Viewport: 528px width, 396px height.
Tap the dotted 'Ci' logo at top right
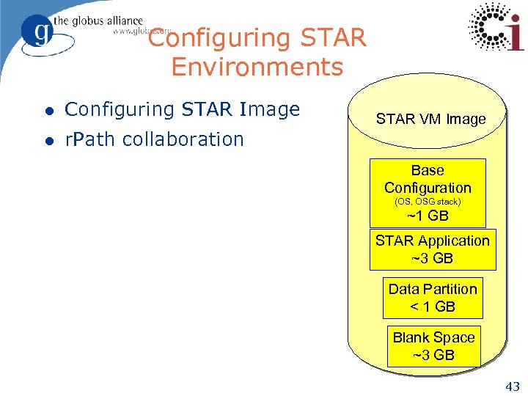pos(496,27)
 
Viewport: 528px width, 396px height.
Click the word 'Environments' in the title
pos(257,67)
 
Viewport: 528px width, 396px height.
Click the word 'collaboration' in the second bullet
pos(183,139)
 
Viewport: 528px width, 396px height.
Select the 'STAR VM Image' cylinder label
pos(430,119)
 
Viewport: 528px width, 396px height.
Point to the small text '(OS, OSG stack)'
pos(428,201)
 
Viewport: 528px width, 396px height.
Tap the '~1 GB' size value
pos(428,216)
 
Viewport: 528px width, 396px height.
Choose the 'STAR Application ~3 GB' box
pos(432,249)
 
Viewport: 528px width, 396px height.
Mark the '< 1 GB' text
pos(433,307)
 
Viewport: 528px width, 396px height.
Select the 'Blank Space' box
pos(433,346)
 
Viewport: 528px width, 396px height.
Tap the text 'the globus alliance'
pos(97,21)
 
